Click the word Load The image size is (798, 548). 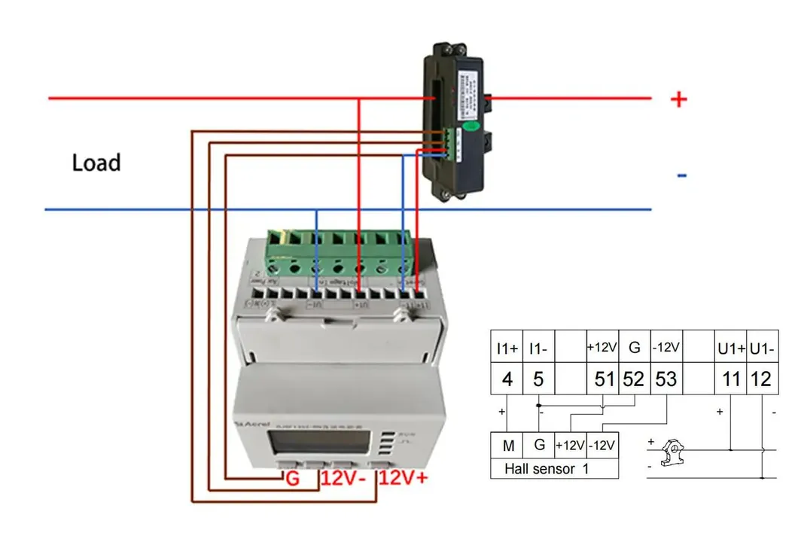coord(96,163)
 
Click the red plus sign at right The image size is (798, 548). coord(679,99)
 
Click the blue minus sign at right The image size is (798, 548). coord(682,176)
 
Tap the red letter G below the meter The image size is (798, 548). coord(292,479)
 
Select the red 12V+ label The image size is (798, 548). coord(404,479)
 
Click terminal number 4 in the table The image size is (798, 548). coord(507,379)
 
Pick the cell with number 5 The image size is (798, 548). coord(538,379)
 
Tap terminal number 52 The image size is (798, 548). coord(634,379)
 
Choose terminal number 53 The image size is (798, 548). coord(666,379)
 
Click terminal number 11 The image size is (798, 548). coord(731,379)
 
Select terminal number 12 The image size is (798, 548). coord(762,379)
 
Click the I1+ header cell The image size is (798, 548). coord(507,349)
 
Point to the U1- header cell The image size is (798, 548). coord(762,349)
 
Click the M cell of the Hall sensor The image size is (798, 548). coord(508,446)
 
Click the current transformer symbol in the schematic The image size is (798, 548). coord(672,452)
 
